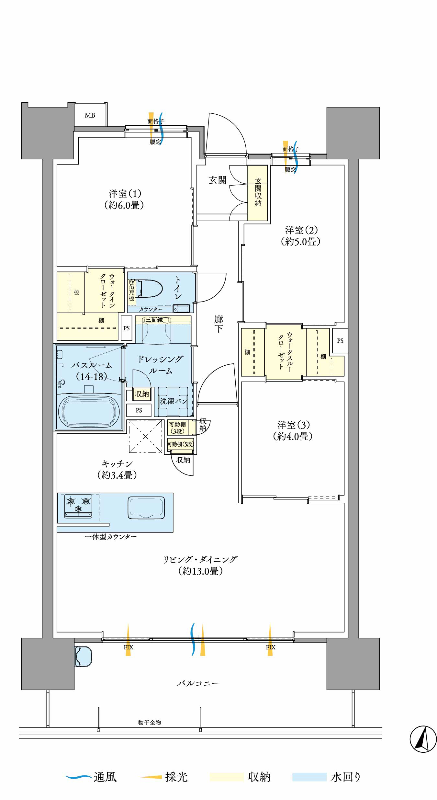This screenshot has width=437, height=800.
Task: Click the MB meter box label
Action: tap(90, 115)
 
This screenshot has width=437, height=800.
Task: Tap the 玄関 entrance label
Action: tap(217, 180)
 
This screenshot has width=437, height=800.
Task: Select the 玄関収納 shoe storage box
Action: tap(258, 193)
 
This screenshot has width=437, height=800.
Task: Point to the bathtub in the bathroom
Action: tap(89, 412)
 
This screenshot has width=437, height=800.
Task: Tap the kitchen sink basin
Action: tap(146, 508)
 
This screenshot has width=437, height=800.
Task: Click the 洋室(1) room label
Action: tap(125, 199)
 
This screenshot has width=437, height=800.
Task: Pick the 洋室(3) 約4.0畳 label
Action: tap(293, 430)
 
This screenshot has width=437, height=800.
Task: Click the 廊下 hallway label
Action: tap(218, 324)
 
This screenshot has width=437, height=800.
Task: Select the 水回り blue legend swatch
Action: tap(309, 777)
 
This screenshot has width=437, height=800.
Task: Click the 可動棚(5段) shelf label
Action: tap(181, 444)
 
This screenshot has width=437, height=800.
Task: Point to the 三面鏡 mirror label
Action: tap(154, 320)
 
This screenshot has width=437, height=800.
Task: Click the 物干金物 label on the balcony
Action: tap(150, 722)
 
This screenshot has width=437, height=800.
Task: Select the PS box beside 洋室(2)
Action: tap(340, 341)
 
